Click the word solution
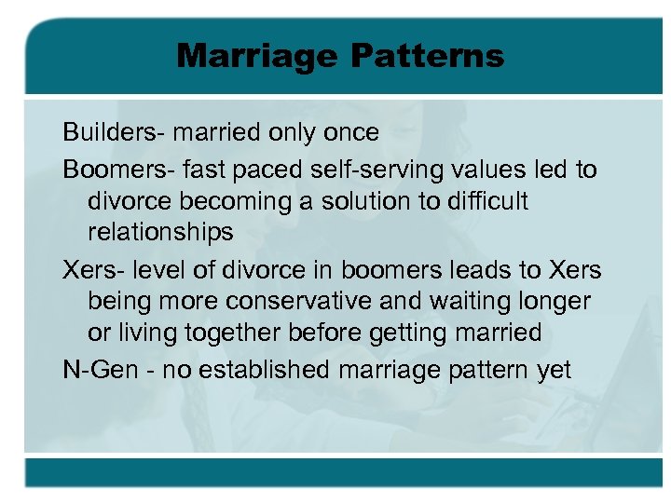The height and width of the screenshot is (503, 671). [349, 201]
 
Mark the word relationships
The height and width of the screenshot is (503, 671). [160, 231]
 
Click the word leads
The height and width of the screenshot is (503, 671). [485, 270]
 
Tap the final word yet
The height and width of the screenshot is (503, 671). [554, 370]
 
